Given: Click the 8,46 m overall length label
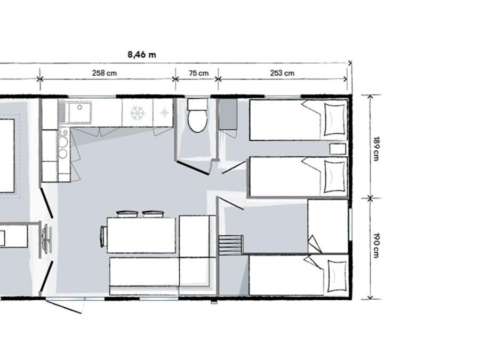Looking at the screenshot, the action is [x=142, y=55].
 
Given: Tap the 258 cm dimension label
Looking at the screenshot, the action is [x=105, y=73].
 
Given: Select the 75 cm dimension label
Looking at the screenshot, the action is [x=199, y=73].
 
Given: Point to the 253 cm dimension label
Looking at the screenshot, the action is [x=282, y=73].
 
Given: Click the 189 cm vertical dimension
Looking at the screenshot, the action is [x=376, y=148].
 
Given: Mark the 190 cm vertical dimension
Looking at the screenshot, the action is [x=376, y=245].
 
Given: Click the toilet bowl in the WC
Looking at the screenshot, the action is [x=197, y=121].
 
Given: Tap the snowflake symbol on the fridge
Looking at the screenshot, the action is [x=138, y=113].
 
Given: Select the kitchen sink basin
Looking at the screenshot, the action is [x=79, y=113].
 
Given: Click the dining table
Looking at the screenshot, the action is [x=141, y=235].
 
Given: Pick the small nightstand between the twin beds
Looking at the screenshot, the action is [x=338, y=149].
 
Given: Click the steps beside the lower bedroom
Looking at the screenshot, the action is [x=231, y=244].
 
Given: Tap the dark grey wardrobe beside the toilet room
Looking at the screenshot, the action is [x=228, y=114].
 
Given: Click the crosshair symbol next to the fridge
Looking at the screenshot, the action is [x=165, y=113].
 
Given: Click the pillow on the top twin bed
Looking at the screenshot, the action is [x=334, y=119].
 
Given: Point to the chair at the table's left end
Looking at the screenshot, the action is [x=103, y=235].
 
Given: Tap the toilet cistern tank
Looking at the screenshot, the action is [x=197, y=105].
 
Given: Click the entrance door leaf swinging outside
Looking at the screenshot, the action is [x=64, y=307].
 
